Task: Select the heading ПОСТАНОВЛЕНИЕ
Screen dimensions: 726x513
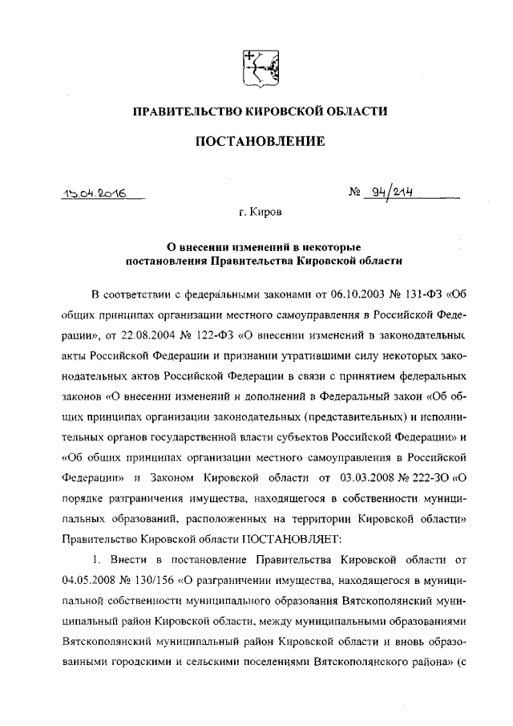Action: click(256, 141)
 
